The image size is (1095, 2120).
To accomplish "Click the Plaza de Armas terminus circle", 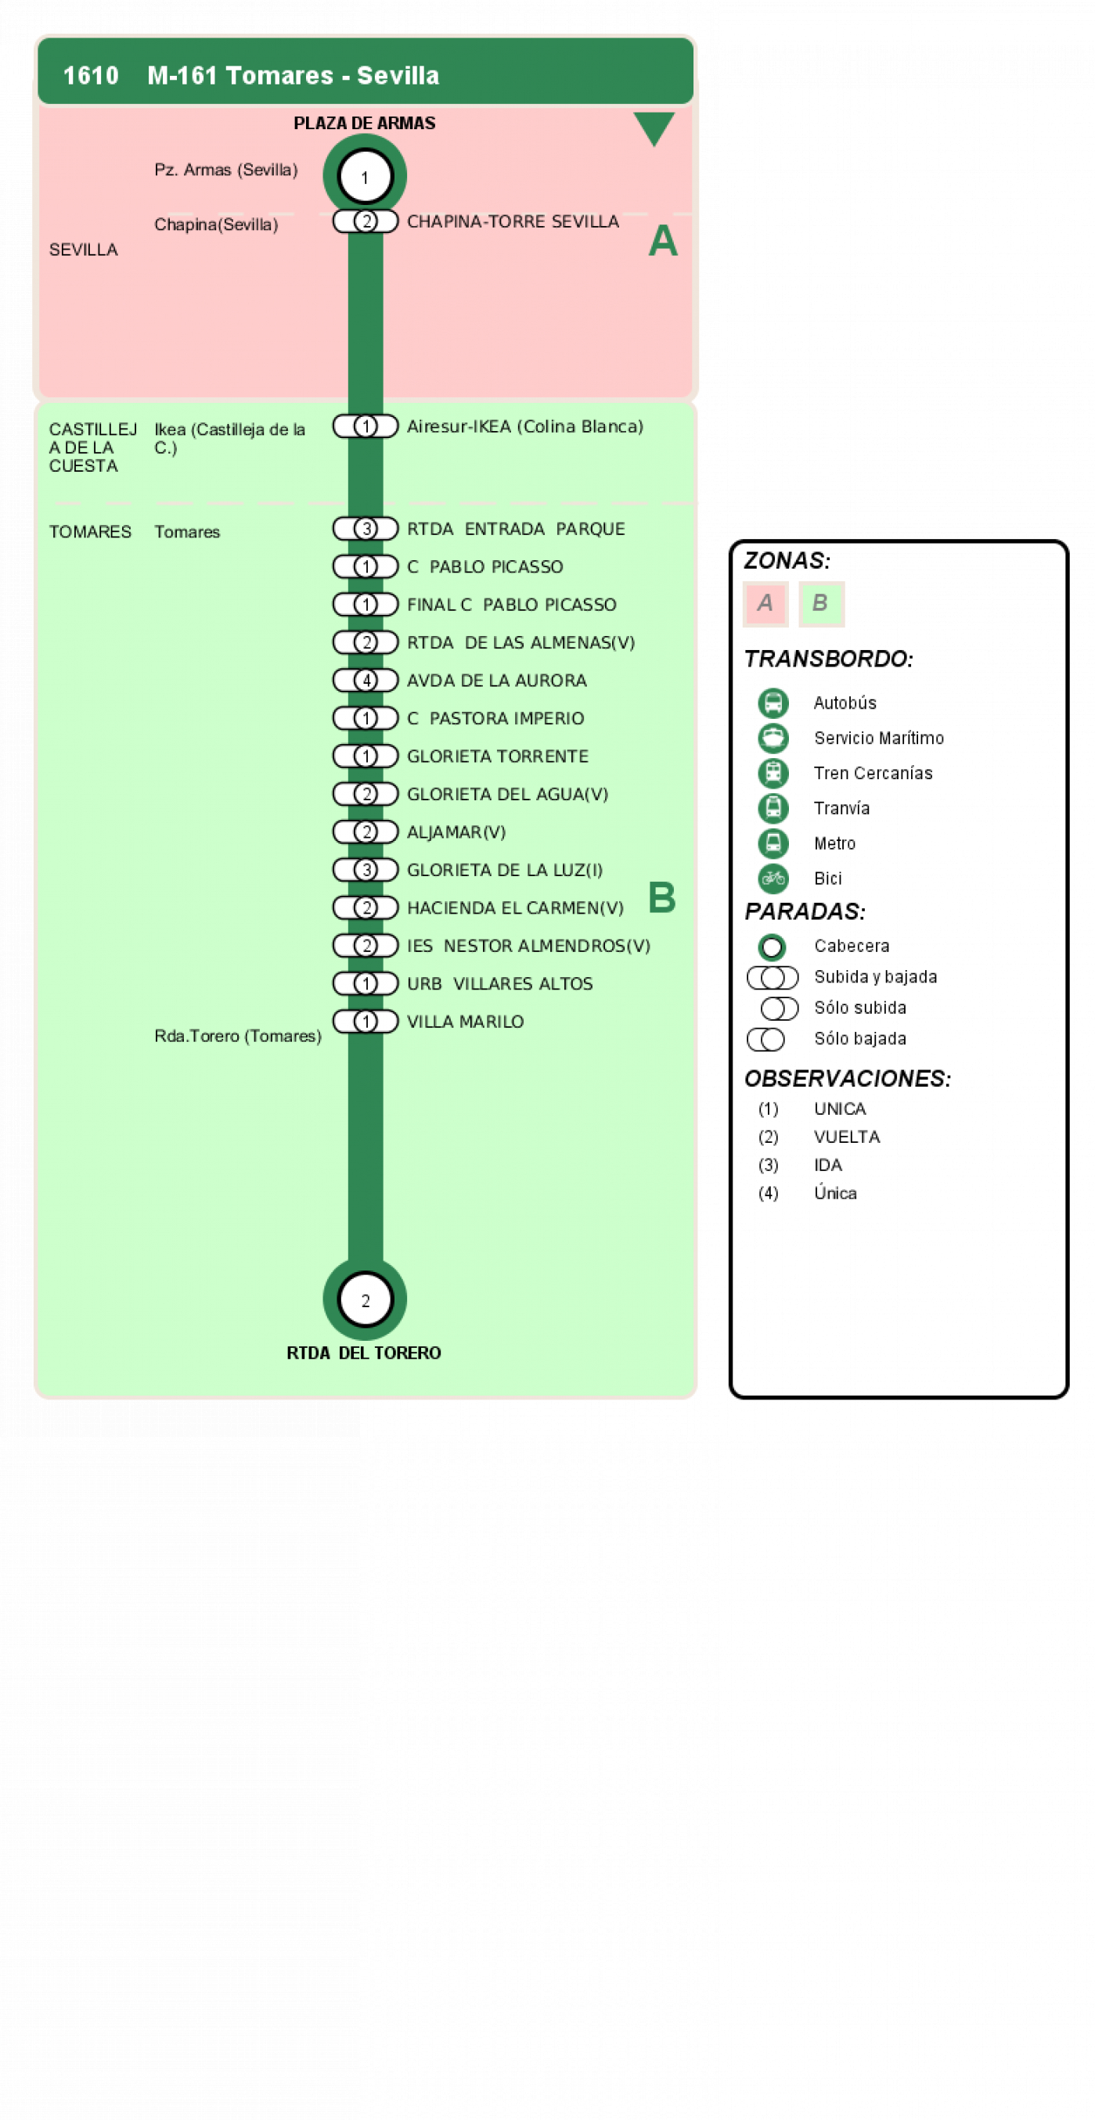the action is (365, 176).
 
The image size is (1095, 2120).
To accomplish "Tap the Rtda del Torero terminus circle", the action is (365, 1299).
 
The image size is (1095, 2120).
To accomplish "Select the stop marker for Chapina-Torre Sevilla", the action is (366, 221).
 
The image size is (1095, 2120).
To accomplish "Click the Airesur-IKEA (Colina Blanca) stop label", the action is (525, 426).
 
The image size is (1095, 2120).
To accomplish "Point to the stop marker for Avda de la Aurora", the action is (366, 681).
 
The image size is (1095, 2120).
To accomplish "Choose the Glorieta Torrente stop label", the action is (498, 756).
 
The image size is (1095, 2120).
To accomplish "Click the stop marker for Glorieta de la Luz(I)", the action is (366, 870).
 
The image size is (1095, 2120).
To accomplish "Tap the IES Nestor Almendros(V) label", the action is (528, 946).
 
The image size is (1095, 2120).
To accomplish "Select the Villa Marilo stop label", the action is (465, 1022).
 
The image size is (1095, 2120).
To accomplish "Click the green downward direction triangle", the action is (654, 128).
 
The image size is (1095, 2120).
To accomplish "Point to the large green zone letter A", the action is (663, 241).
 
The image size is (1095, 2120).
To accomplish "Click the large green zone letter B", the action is (662, 897).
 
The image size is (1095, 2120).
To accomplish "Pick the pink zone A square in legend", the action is (765, 604).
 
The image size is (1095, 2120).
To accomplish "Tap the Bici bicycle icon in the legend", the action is (773, 879).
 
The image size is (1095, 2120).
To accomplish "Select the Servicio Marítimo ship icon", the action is (773, 738).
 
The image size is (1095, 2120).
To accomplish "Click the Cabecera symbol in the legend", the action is (772, 947).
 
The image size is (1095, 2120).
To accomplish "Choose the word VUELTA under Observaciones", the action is (847, 1137).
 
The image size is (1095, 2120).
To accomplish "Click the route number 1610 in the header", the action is (91, 76).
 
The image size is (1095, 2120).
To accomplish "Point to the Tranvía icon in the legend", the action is (773, 808).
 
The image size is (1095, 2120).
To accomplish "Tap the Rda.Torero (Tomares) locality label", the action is (238, 1036).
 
